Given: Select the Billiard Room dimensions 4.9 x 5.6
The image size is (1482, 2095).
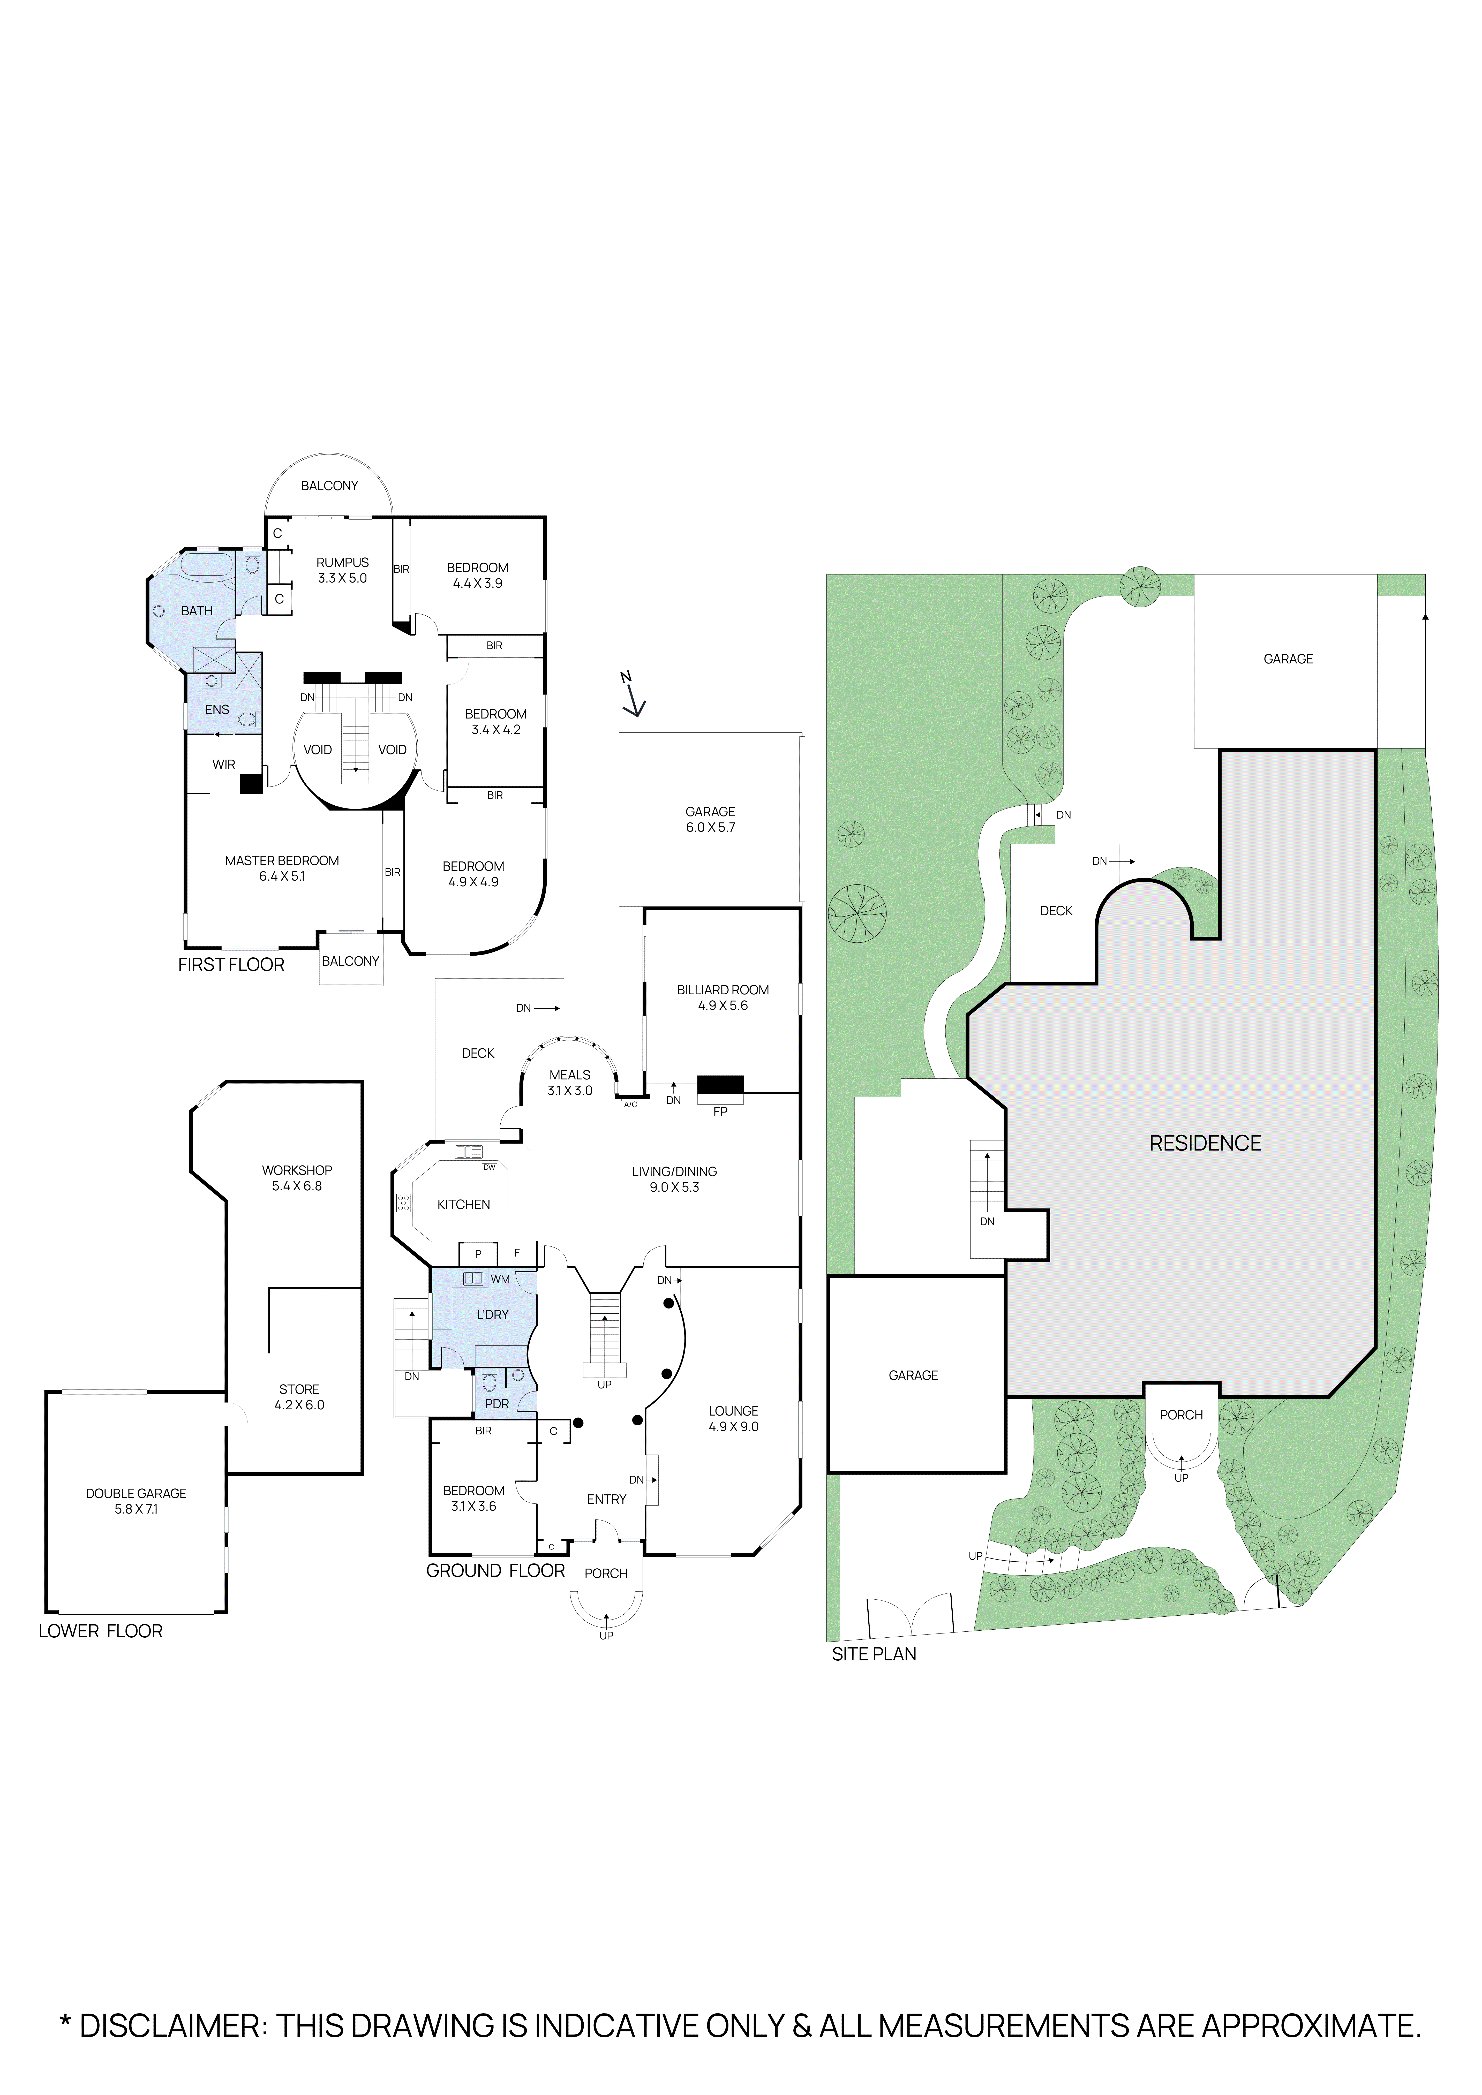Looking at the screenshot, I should [x=723, y=1005].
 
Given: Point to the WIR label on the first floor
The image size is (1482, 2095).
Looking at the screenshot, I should [x=224, y=765].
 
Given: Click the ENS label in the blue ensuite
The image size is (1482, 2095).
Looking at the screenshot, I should [x=217, y=709].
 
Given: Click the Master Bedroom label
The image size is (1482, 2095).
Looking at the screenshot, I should [x=282, y=860].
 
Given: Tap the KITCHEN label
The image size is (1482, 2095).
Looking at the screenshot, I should [x=464, y=1205].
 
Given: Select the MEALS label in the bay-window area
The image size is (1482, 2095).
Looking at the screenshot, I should [x=569, y=1075].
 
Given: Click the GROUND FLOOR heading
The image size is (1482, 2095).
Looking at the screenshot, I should [x=495, y=1570].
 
